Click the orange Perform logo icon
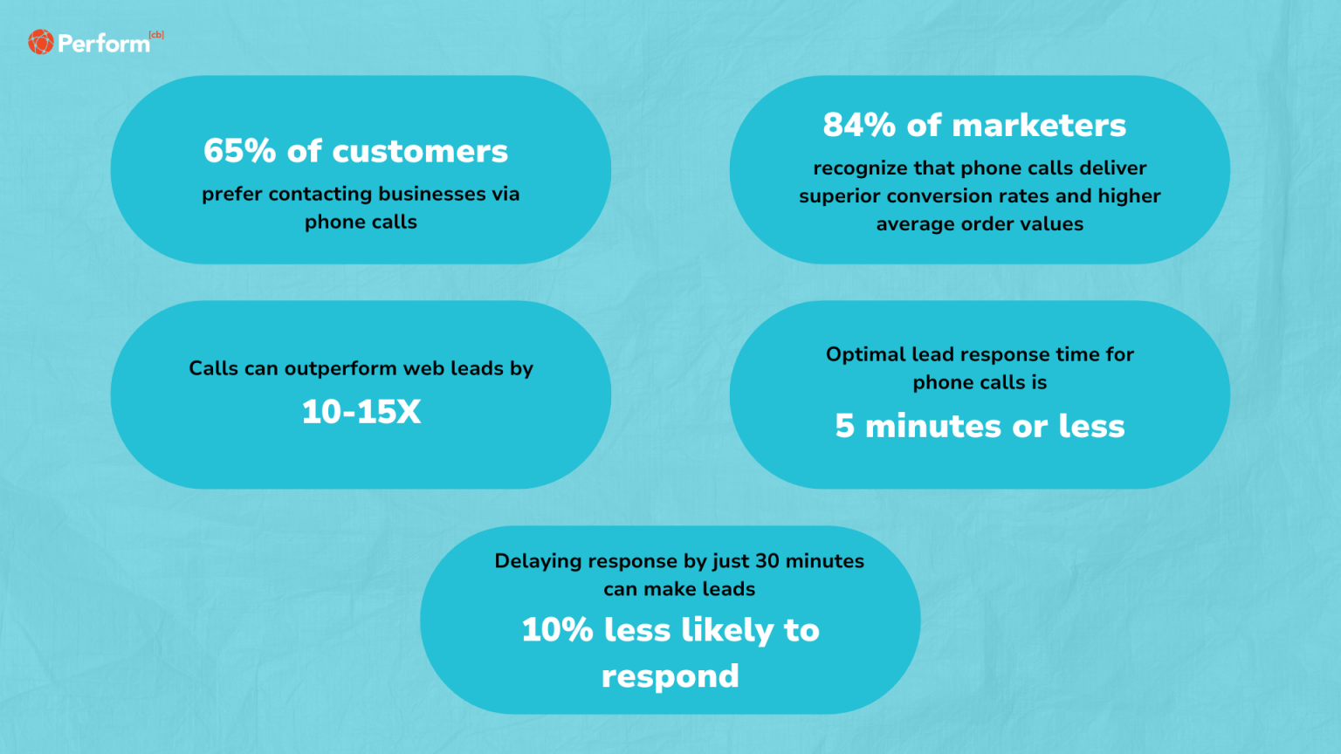[40, 42]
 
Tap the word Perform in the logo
[103, 44]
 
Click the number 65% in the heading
[239, 151]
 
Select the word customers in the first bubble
[420, 152]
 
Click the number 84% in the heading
[859, 126]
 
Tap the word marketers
[1039, 126]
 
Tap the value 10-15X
[361, 412]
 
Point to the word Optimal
[865, 354]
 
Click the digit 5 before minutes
[844, 427]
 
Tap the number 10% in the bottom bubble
[557, 630]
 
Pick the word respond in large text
[670, 676]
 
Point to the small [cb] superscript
[156, 35]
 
